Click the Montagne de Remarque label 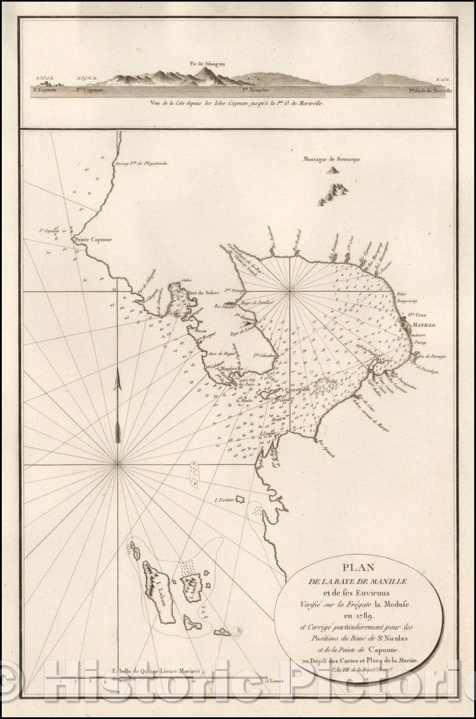point(335,158)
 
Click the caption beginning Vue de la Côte point(238,102)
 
